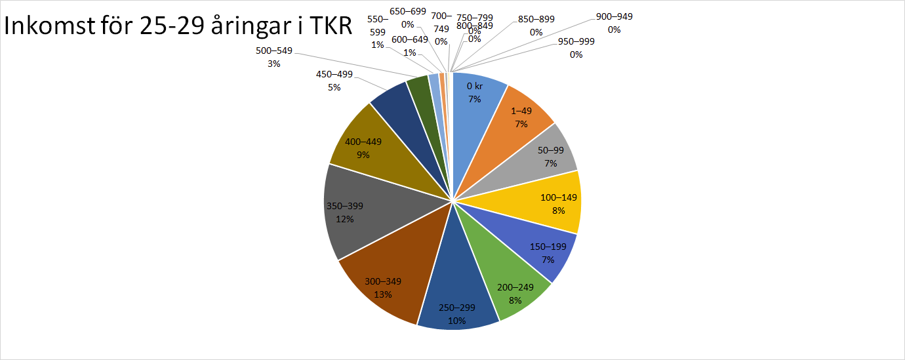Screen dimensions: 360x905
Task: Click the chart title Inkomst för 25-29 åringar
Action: pos(177,28)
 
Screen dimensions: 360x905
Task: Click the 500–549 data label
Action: pos(274,57)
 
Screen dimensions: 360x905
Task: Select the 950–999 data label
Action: pos(576,48)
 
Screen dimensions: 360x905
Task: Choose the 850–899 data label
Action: pos(536,26)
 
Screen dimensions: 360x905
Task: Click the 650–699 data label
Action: pos(407,18)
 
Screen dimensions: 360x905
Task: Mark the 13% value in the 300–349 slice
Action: pos(384,294)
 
